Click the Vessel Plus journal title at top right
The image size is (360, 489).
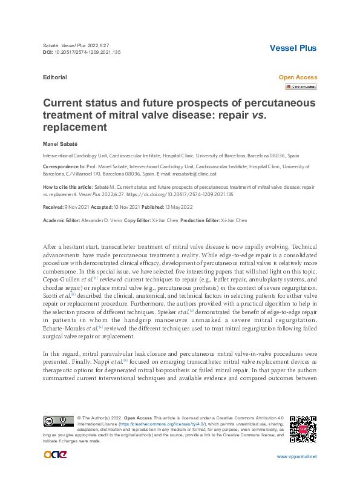click(293, 48)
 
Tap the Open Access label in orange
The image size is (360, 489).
click(297, 77)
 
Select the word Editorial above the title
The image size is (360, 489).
click(55, 77)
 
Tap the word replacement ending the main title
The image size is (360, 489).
click(75, 128)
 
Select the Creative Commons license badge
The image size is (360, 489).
click(59, 421)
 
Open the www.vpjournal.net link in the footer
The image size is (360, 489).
click(296, 456)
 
